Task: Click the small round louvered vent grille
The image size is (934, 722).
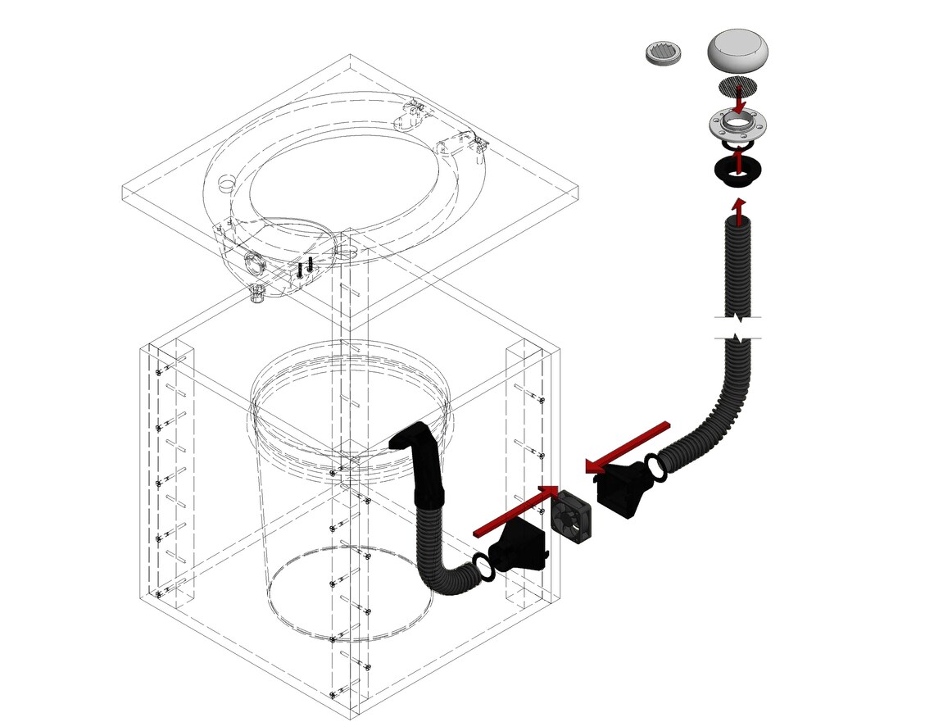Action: coord(664,54)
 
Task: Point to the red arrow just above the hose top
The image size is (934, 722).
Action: coord(739,208)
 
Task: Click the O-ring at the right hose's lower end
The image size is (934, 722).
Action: coord(657,466)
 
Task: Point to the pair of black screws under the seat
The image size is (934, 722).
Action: coord(305,268)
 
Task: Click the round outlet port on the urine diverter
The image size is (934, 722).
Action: coord(252,263)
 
